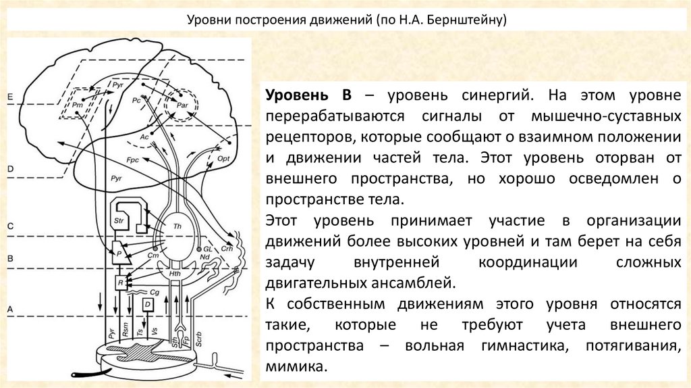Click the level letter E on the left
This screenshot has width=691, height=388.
coord(9,98)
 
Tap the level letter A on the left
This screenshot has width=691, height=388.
coord(9,308)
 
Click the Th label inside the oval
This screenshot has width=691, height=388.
coord(177,226)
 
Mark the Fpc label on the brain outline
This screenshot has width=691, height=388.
coord(133,160)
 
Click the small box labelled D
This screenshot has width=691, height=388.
coord(148,305)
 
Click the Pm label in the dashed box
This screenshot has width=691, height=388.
coord(78,105)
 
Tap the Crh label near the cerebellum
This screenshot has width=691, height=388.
coord(226,248)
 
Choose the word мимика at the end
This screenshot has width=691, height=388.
coord(296,368)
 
